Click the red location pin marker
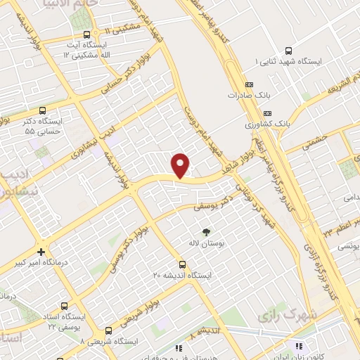point(181,164)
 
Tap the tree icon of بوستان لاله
point(205,231)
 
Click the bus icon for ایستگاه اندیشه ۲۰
point(182,264)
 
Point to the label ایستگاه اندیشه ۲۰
point(183,276)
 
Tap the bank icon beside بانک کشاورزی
point(266,113)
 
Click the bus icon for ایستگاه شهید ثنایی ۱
point(288,51)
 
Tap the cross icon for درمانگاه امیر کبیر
point(41,251)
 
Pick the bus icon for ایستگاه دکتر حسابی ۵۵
point(42,110)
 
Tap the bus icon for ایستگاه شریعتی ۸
point(108,329)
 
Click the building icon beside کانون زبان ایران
point(297,347)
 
